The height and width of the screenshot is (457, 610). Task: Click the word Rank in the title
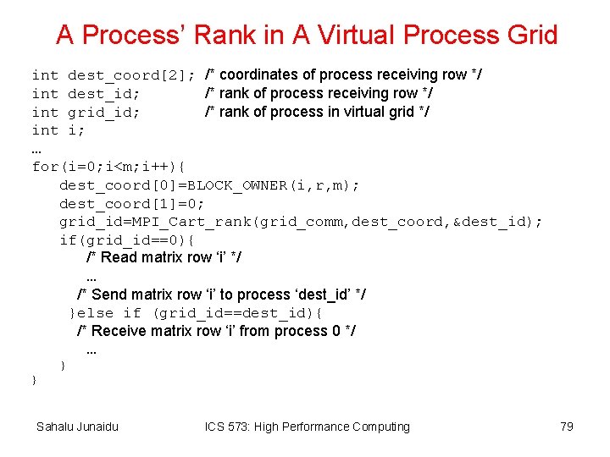tap(223, 35)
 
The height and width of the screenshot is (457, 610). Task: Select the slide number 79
tap(567, 427)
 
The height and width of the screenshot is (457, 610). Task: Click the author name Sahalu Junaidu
tap(77, 427)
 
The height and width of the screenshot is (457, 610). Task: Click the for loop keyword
tap(45, 167)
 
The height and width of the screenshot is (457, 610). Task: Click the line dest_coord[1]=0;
tap(132, 203)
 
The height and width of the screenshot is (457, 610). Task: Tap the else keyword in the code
tap(95, 313)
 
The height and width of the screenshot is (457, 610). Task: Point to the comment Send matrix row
tap(222, 295)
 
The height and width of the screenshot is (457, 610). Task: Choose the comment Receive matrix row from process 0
tap(217, 331)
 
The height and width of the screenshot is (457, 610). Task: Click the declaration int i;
tap(58, 130)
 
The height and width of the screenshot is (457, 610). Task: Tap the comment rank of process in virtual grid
tap(318, 112)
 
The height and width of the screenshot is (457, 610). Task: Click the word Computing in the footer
tap(374, 427)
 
